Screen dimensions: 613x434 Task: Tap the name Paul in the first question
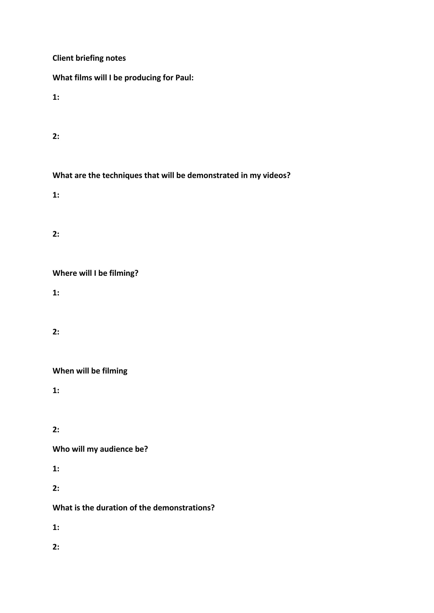(184, 78)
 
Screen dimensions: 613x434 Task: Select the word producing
(142, 78)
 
